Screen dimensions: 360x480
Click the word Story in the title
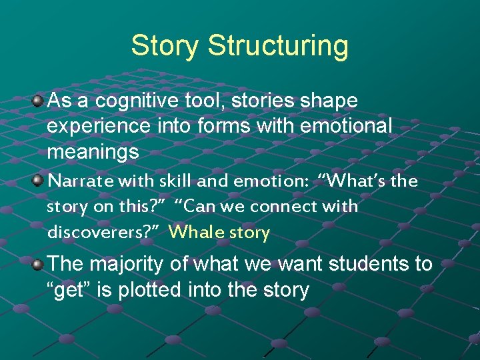(x=165, y=45)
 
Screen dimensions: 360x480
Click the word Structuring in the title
(x=278, y=47)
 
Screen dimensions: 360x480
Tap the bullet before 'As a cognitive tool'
(x=39, y=101)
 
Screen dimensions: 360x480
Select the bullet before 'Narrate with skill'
(x=39, y=180)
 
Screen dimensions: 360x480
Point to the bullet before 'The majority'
(x=39, y=264)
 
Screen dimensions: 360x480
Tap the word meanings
(x=93, y=153)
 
